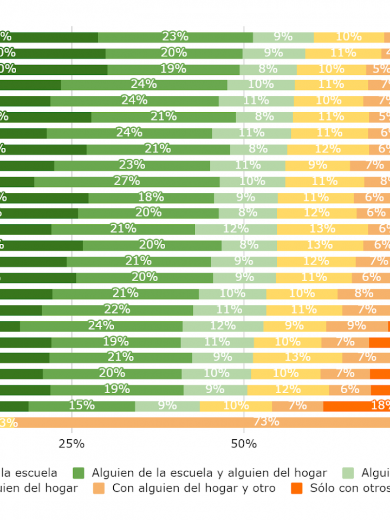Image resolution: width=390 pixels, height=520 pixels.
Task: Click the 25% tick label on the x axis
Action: coord(71,444)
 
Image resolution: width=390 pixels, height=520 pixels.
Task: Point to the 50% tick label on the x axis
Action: coord(244,444)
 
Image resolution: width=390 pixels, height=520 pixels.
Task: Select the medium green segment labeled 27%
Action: coord(127,181)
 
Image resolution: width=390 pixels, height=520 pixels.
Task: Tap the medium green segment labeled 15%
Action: coord(82,406)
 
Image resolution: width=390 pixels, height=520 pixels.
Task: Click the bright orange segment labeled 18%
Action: coord(356,406)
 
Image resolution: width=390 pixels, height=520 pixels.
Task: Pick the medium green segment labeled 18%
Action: coord(151,198)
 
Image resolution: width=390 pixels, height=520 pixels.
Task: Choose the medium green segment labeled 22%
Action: coord(118,310)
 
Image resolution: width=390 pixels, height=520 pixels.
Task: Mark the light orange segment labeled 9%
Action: coord(357,326)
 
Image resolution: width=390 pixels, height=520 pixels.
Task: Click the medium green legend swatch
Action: coord(79,473)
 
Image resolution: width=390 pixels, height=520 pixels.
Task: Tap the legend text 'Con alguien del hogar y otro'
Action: coord(193,488)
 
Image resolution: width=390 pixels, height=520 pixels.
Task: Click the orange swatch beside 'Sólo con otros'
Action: coord(296,488)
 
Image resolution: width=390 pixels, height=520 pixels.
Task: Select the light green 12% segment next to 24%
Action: coord(223,326)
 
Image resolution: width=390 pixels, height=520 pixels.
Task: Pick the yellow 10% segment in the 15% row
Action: coord(236,406)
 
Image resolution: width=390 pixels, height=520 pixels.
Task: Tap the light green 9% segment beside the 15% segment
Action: coord(167,406)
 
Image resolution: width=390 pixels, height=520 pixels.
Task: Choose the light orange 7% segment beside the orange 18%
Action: coord(297,406)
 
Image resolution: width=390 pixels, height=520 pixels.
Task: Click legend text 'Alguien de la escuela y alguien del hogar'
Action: coord(209,473)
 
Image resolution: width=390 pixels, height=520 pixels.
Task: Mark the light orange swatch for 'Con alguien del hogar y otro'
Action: coord(99,488)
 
